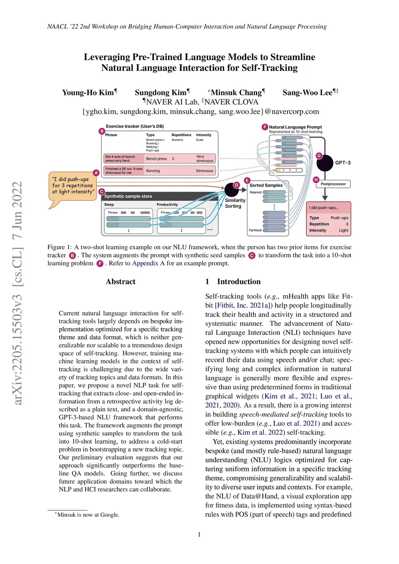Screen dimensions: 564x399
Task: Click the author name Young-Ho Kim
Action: tap(88, 93)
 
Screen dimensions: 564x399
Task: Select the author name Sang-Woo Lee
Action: tap(308, 93)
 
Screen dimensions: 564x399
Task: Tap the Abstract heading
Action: tap(120, 282)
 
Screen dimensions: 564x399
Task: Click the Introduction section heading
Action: tap(238, 282)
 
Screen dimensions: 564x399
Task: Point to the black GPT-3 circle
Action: tap(325, 163)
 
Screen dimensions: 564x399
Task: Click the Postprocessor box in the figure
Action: tap(333, 184)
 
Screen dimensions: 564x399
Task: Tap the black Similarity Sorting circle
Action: tap(231, 190)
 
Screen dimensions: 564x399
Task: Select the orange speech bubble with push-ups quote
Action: tap(73, 186)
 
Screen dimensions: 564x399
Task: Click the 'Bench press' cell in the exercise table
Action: tap(156, 159)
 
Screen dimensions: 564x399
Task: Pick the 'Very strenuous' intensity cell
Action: tap(205, 159)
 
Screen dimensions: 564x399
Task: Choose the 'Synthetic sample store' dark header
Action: tap(128, 196)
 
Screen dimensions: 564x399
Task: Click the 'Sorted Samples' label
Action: tap(266, 185)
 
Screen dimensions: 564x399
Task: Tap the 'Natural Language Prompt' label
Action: tap(295, 127)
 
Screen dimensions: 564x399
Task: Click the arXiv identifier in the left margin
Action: tap(18, 292)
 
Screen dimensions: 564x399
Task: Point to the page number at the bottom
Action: tap(199, 534)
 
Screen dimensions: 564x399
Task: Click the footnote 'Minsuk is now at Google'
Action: tap(88, 515)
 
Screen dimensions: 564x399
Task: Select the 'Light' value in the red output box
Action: tap(343, 230)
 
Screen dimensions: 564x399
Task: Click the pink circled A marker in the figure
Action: tap(96, 173)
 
